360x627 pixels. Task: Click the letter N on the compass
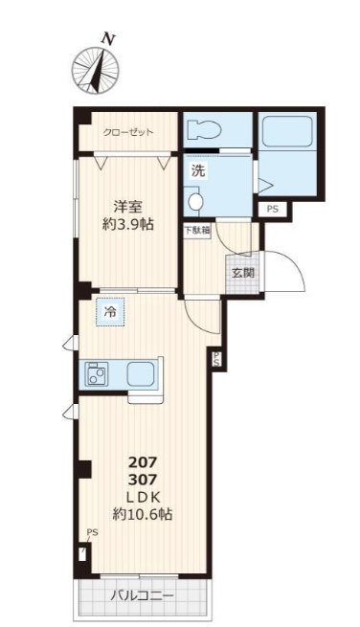(x=109, y=39)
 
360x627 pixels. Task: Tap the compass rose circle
(x=96, y=70)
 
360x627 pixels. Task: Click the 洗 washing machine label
(x=197, y=172)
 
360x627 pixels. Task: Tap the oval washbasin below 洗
(x=195, y=202)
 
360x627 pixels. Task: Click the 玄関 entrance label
(x=241, y=272)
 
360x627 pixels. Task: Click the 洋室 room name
(x=130, y=206)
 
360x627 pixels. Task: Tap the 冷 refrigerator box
(x=111, y=311)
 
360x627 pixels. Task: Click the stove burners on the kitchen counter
(x=98, y=374)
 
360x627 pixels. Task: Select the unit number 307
(x=142, y=479)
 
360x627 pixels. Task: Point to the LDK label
(x=142, y=496)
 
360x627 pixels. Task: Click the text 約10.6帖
(x=142, y=514)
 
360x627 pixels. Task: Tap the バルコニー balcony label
(x=143, y=594)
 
